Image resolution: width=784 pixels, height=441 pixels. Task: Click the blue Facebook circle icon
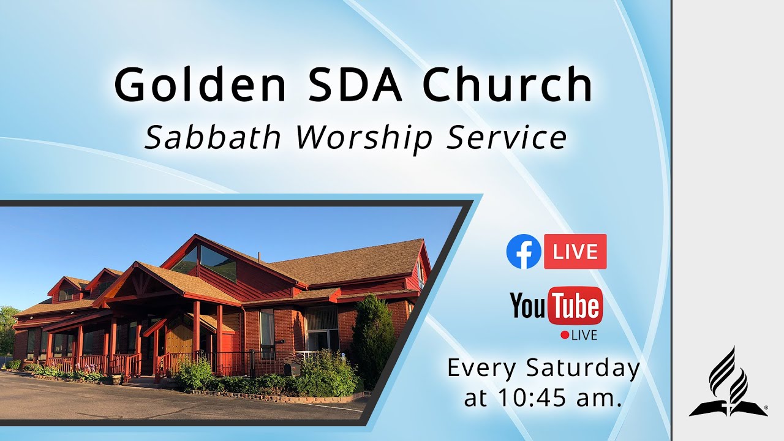pyautogui.click(x=524, y=252)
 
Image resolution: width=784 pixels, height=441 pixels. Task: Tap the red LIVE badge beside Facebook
pyautogui.click(x=575, y=252)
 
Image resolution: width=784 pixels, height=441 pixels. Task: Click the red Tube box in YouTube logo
pyautogui.click(x=575, y=306)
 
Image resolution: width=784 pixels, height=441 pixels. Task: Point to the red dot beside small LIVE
pyautogui.click(x=565, y=335)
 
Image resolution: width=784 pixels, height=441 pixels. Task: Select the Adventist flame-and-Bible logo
pyautogui.click(x=728, y=383)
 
